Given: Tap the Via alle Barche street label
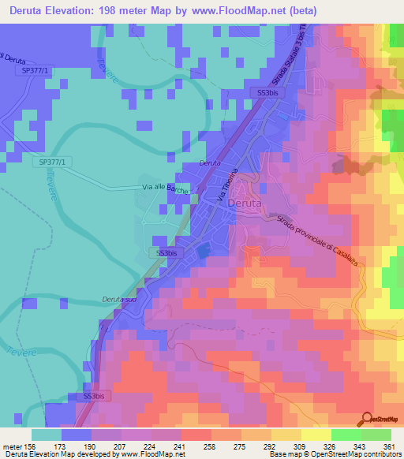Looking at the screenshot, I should click(x=165, y=189).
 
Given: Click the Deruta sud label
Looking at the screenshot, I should click(x=118, y=300).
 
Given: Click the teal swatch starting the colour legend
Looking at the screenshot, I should click(x=47, y=435).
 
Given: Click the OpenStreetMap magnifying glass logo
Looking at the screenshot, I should click(x=367, y=418).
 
